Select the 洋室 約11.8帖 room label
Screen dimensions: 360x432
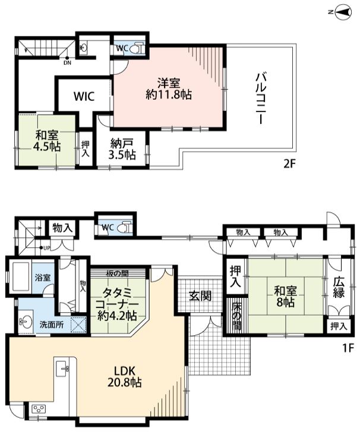coord(169,89)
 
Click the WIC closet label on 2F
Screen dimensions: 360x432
coord(84,96)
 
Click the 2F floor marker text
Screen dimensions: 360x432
coord(290,164)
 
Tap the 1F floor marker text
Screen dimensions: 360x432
coord(348,348)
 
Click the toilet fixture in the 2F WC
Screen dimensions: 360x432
coord(138,48)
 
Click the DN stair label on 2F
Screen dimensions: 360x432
coord(67,63)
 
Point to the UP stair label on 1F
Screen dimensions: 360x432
coord(47,248)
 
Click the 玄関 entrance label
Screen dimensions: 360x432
coord(200,296)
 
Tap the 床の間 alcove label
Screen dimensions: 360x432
coord(236,317)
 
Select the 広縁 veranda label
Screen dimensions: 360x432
coord(339,288)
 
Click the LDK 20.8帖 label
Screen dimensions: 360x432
coord(124,377)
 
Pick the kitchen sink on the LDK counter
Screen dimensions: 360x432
coord(62,369)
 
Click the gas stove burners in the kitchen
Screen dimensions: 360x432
coord(39,409)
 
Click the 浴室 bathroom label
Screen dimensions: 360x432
coord(43,278)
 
